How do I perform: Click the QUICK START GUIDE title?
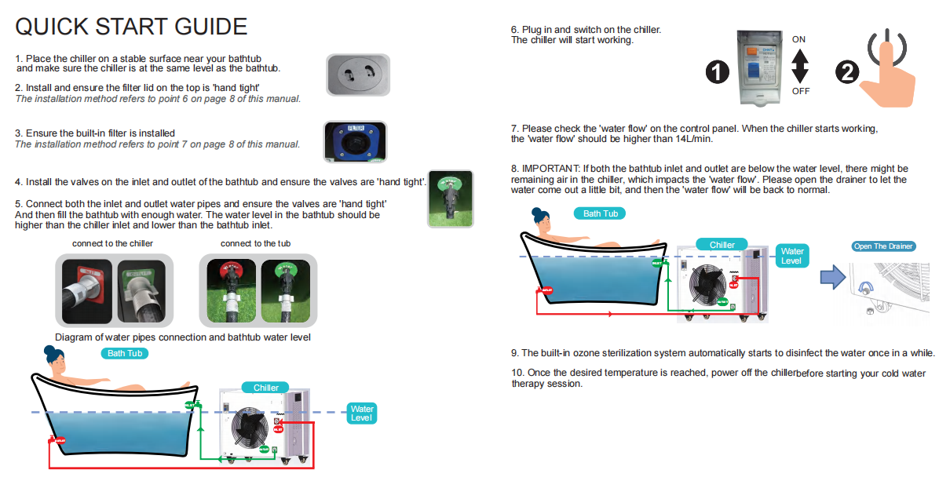tap(131, 27)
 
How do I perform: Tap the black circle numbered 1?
tap(718, 72)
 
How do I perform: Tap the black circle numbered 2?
tap(846, 72)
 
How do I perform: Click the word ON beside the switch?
tap(798, 39)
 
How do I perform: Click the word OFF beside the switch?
tap(800, 91)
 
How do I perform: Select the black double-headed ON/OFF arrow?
tap(799, 65)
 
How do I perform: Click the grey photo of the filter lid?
tap(358, 75)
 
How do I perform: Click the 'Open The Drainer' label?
tap(883, 246)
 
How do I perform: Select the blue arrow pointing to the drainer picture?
tap(832, 276)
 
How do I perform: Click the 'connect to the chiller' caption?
tap(112, 243)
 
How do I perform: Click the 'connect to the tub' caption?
tap(255, 243)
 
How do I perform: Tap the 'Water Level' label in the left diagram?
tap(362, 414)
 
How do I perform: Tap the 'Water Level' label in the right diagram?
tap(791, 256)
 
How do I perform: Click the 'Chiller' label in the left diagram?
tap(266, 388)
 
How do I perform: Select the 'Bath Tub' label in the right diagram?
tap(599, 213)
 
